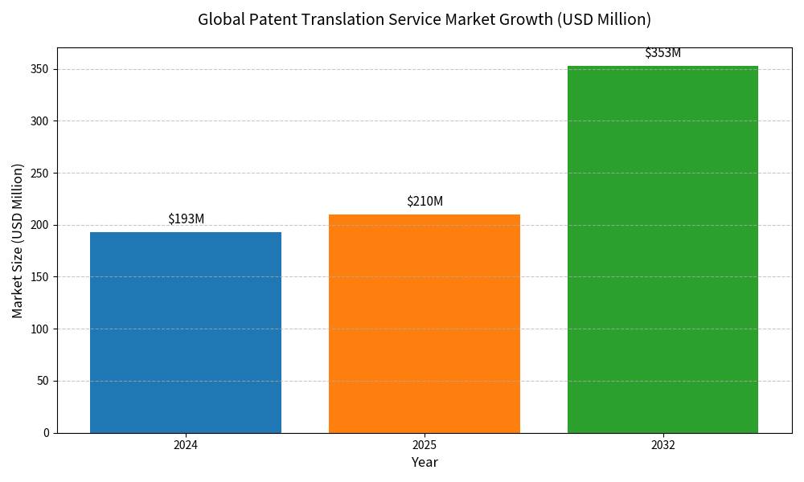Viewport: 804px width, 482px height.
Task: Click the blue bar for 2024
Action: coord(186,332)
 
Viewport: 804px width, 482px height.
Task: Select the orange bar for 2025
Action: coord(425,323)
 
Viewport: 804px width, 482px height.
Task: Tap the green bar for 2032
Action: coord(662,249)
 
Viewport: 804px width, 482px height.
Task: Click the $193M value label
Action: coord(186,219)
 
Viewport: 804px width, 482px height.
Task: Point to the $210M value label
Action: coord(425,202)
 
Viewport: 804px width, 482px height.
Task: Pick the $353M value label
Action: coord(662,53)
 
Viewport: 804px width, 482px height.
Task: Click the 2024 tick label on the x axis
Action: coord(186,444)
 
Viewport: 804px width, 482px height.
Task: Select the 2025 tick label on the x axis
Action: coord(425,444)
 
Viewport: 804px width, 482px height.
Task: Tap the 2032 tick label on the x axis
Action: coord(662,444)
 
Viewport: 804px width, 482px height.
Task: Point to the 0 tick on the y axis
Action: coord(46,433)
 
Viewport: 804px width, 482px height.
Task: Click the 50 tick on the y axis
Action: coord(43,381)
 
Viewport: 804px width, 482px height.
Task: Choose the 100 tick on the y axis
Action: coord(40,329)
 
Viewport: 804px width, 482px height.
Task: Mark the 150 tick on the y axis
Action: coord(40,277)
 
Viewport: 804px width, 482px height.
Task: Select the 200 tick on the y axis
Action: coord(40,225)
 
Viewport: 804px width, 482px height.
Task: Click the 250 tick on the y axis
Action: coord(40,173)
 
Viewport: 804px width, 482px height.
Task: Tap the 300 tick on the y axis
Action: coord(40,121)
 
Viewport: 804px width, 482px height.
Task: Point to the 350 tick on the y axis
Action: coord(40,69)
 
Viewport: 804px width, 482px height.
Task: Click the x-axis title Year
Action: coord(425,463)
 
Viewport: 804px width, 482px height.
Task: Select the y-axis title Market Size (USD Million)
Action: coord(18,240)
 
